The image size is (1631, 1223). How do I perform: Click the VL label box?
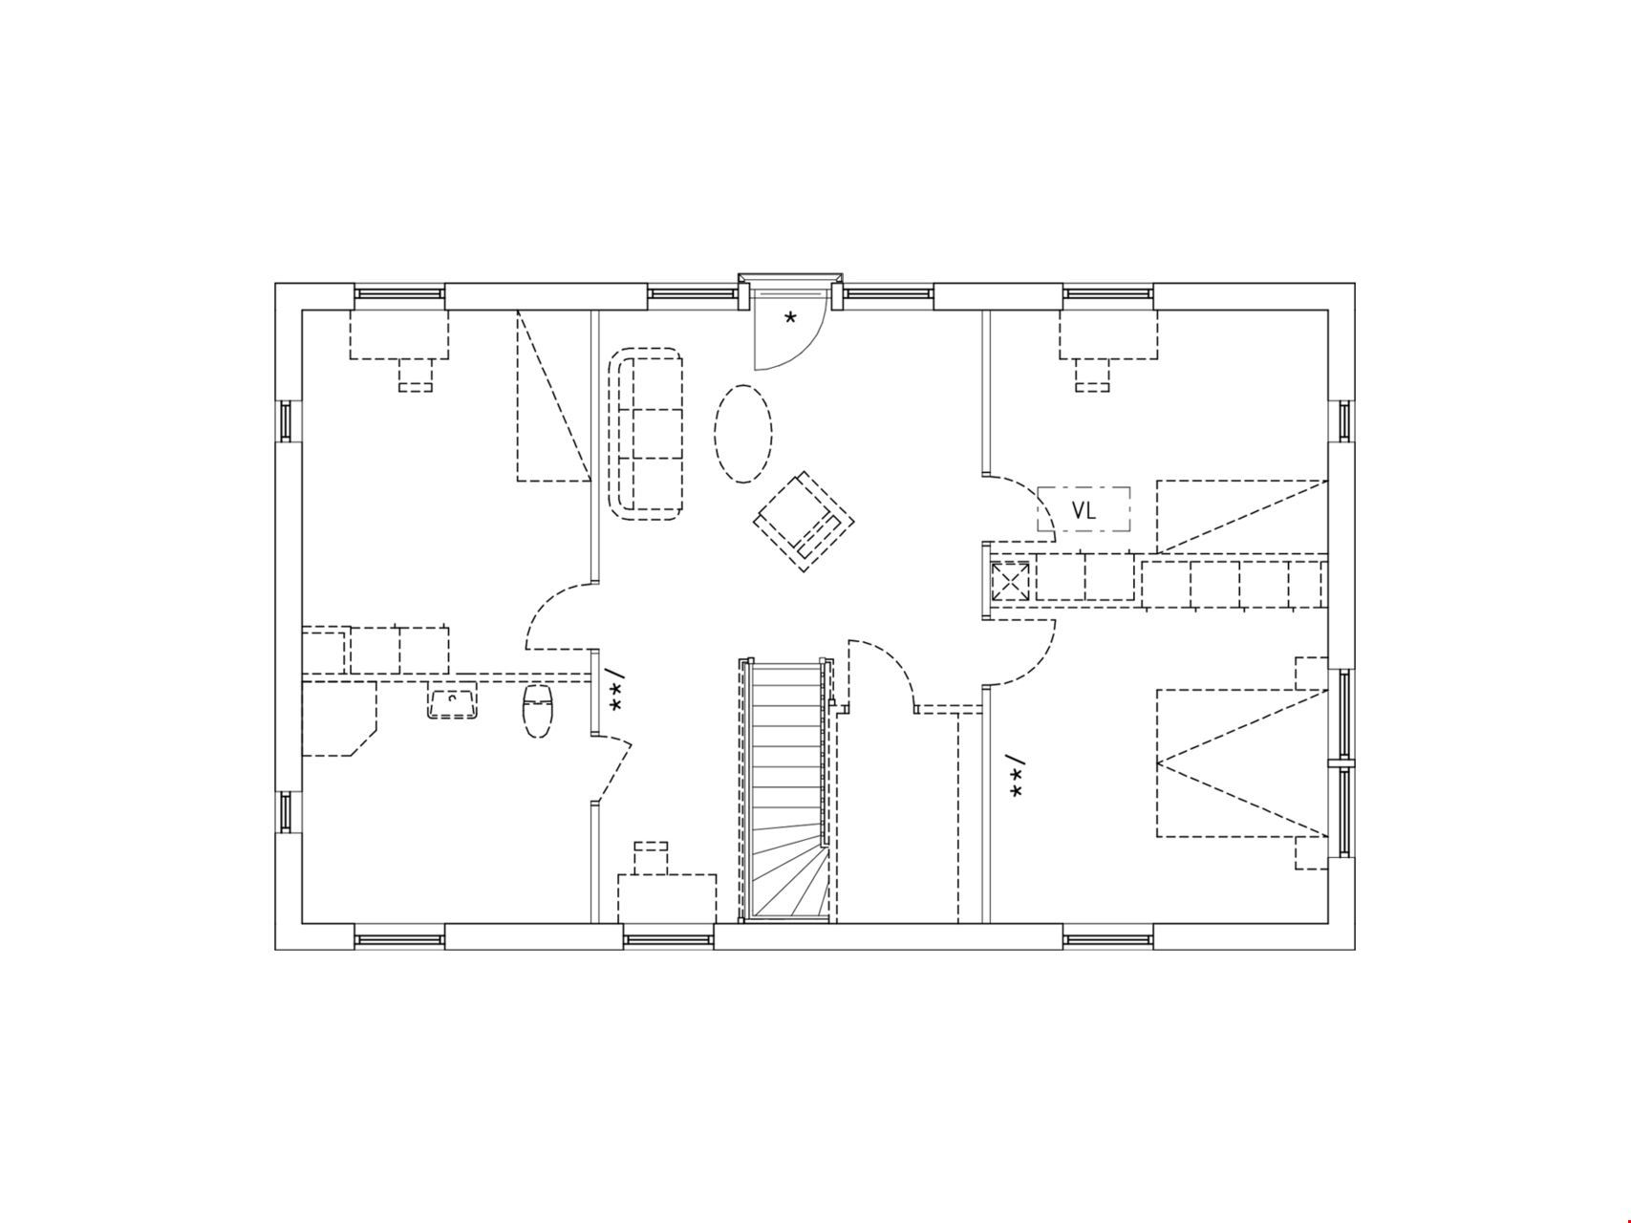pos(1084,509)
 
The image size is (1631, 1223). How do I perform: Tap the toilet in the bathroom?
pos(538,711)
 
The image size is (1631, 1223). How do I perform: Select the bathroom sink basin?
pos(452,704)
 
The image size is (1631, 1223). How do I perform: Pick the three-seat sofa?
pos(646,435)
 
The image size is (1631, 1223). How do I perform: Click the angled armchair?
pos(804,521)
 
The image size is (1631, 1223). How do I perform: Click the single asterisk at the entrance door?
pos(790,318)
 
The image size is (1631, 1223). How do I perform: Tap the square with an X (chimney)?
pos(1010,581)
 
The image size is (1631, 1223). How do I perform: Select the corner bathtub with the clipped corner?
pos(339,719)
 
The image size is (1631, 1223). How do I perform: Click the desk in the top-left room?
pos(399,334)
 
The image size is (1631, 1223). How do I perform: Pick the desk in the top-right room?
pos(1107,334)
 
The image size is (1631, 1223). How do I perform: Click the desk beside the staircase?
pos(667,898)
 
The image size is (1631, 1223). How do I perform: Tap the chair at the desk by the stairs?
pos(652,857)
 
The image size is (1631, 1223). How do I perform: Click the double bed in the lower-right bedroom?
pos(1242,762)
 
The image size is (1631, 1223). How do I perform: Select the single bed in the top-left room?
pos(552,396)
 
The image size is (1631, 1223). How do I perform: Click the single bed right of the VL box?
pos(1242,517)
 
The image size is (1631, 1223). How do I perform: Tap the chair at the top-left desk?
pos(415,375)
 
